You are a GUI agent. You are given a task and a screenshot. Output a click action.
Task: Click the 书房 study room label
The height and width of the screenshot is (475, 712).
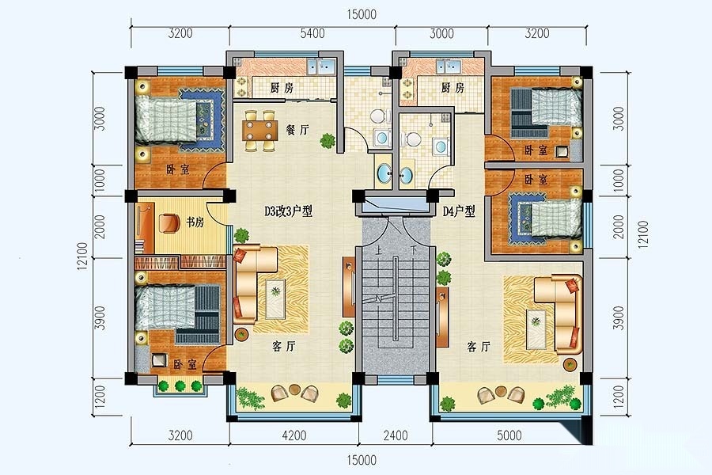pyautogui.click(x=195, y=222)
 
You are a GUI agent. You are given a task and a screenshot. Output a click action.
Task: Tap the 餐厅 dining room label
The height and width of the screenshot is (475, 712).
pyautogui.click(x=297, y=130)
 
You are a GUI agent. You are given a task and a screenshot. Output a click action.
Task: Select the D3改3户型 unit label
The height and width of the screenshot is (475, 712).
pyautogui.click(x=289, y=211)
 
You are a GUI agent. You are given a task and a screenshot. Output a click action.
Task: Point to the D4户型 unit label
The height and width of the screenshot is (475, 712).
pyautogui.click(x=459, y=211)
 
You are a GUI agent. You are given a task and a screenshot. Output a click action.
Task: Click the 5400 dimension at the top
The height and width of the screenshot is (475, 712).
pyautogui.click(x=312, y=33)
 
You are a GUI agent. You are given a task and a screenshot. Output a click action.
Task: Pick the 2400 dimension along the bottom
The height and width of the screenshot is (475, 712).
pyautogui.click(x=396, y=435)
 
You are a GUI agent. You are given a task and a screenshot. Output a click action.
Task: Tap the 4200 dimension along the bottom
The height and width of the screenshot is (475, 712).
pyautogui.click(x=294, y=435)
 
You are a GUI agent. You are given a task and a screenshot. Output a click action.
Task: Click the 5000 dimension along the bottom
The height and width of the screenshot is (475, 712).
pyautogui.click(x=509, y=435)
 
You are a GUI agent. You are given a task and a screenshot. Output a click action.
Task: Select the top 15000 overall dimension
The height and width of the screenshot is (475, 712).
pyautogui.click(x=362, y=14)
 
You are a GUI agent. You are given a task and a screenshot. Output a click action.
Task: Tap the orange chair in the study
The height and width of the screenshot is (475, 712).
pyautogui.click(x=169, y=222)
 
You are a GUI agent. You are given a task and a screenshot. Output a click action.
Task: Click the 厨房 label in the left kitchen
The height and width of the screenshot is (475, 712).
pyautogui.click(x=282, y=88)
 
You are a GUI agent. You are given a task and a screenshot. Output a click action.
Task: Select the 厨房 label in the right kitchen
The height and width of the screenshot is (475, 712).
pyautogui.click(x=453, y=88)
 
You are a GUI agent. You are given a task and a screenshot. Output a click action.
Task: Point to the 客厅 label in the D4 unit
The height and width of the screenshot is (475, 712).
pyautogui.click(x=479, y=348)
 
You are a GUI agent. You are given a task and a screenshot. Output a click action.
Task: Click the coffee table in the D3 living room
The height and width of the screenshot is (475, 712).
pyautogui.click(x=275, y=298)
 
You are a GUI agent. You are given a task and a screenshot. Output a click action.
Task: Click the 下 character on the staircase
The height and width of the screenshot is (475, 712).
pyautogui.click(x=413, y=250)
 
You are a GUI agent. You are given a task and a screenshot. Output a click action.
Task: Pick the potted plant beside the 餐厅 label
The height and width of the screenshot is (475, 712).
pyautogui.click(x=327, y=141)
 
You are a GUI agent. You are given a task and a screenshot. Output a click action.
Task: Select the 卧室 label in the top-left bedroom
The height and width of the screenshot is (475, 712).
pyautogui.click(x=177, y=170)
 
